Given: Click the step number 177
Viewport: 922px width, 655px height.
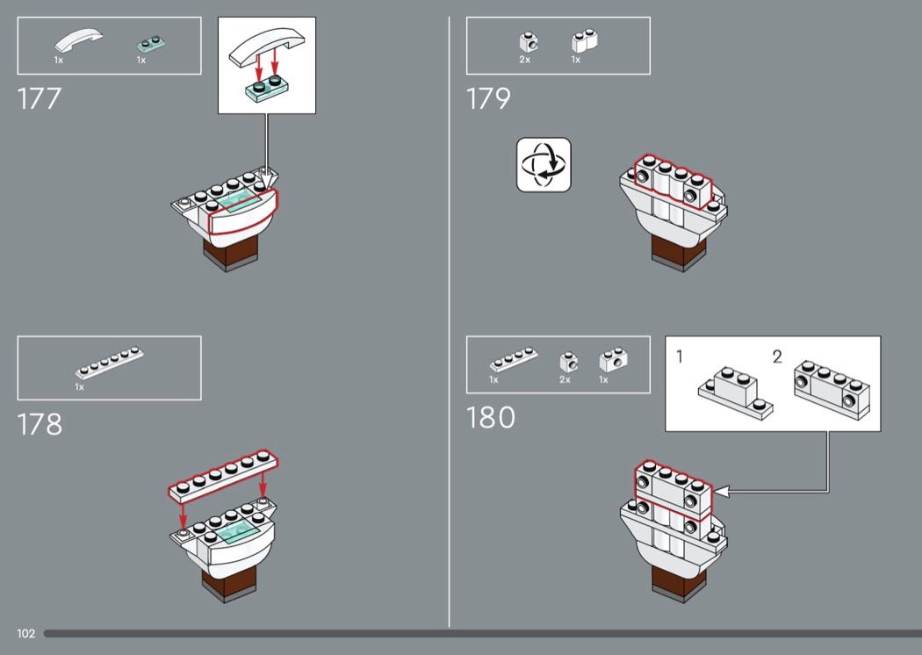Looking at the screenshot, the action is [39, 99].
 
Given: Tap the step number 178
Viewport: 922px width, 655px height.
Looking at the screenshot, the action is [40, 424].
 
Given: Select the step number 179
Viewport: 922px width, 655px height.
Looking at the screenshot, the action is [488, 99].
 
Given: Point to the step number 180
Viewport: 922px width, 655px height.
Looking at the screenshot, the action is [490, 418].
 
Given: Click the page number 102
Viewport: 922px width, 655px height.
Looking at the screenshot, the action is [25, 633].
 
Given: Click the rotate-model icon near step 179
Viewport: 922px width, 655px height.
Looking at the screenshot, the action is [544, 165].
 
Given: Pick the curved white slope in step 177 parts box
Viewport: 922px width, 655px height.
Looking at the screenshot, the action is [78, 40].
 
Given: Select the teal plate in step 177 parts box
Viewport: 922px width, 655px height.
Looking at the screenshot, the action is [150, 44].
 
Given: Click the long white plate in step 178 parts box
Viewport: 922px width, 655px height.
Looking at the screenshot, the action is [110, 363].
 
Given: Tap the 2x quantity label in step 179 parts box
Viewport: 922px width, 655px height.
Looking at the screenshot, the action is [524, 60].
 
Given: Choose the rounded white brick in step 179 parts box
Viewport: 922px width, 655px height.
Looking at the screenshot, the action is [585, 41].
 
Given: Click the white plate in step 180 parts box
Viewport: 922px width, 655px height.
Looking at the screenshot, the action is [514, 359].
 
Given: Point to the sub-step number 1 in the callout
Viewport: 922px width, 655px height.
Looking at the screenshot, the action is [680, 356].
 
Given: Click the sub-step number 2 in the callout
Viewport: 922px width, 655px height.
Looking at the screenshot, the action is [777, 356].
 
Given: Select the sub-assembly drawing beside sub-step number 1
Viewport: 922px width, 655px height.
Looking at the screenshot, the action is [736, 393].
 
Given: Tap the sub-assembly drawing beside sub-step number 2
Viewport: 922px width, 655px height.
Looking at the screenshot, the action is [832, 389].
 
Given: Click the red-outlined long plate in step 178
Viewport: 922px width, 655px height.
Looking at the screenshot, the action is [223, 476].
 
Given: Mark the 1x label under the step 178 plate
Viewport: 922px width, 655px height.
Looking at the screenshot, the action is [79, 387].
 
